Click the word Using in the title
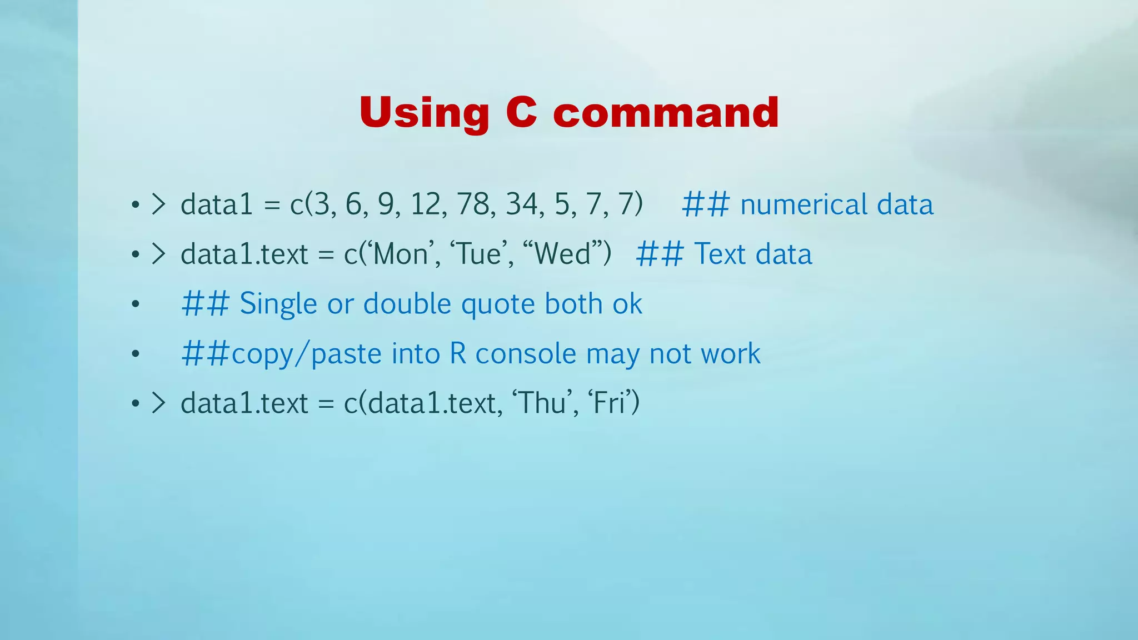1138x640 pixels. pos(424,113)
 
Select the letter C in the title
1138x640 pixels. pos(521,112)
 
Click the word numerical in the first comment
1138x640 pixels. pos(802,204)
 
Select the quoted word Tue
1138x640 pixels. pos(478,254)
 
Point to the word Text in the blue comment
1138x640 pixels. pos(720,254)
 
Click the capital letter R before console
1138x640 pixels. pos(458,353)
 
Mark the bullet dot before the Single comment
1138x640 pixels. pos(135,304)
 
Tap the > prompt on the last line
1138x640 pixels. pos(159,403)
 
